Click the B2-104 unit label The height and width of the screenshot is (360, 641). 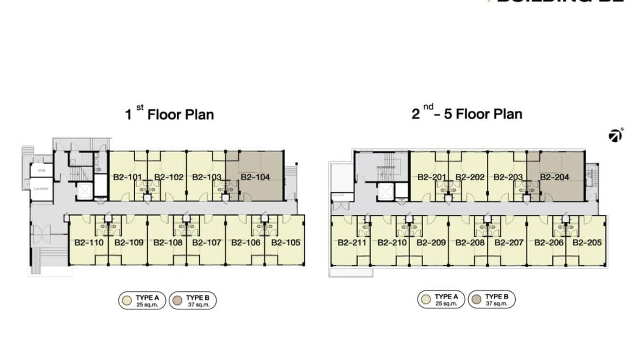(255, 177)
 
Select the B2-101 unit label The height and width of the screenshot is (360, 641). (127, 177)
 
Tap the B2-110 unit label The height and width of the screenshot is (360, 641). (89, 243)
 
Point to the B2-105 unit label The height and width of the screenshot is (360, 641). (286, 243)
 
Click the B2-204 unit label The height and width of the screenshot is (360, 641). (555, 177)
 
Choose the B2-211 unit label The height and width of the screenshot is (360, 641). (352, 243)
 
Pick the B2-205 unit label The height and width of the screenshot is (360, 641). (587, 243)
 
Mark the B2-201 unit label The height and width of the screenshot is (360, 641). (431, 177)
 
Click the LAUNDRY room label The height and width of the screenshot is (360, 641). (41, 189)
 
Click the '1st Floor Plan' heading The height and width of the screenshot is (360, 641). (169, 115)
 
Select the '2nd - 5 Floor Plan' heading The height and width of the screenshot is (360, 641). (467, 114)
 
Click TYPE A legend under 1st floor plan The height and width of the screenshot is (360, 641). (142, 300)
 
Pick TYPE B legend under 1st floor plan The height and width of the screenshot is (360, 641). (193, 300)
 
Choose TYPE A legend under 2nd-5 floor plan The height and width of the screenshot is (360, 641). (441, 299)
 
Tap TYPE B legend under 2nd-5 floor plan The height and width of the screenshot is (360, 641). (492, 299)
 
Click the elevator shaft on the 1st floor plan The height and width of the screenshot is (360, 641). (84, 191)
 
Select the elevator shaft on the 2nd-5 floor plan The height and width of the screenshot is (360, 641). (385, 192)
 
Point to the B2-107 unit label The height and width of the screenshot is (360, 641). (206, 243)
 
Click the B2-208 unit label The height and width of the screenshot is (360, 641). (470, 243)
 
